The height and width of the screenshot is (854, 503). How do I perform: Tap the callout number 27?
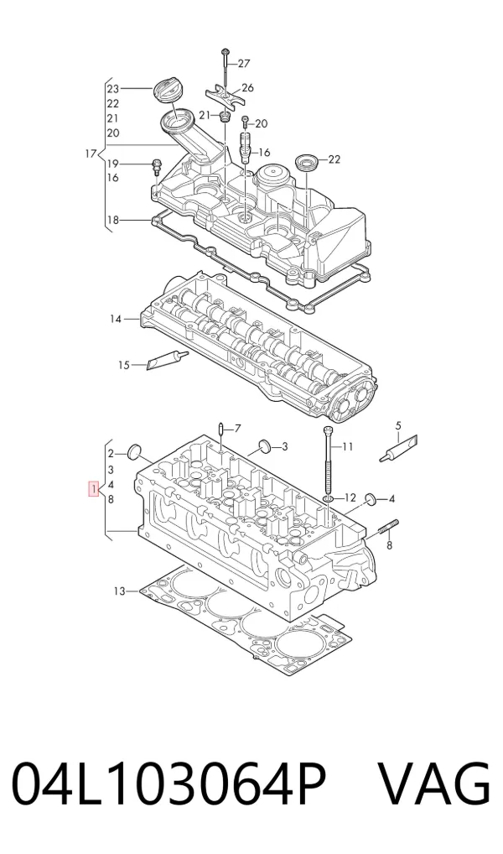244,64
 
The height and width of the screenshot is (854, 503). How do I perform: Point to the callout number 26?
247,88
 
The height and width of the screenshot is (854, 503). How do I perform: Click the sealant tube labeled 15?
168,359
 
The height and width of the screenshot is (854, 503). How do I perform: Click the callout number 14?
116,319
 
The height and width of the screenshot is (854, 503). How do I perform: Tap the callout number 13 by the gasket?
120,591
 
